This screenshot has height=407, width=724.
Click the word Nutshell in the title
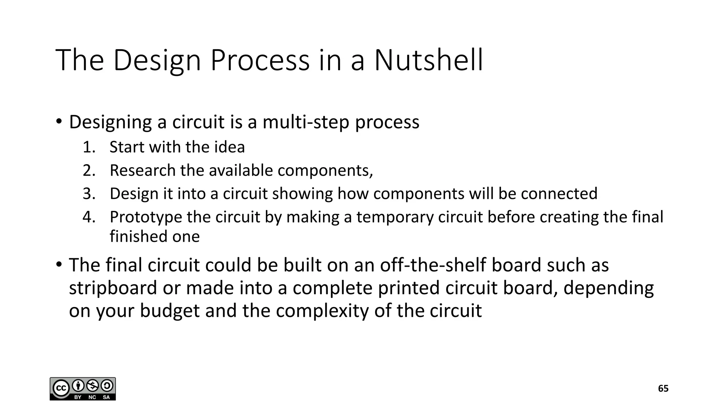coord(428,60)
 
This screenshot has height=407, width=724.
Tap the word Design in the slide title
coord(157,60)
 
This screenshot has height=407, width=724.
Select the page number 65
coord(663,389)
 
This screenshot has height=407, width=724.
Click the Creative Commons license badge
coord(83,389)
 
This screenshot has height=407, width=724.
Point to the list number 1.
coord(89,147)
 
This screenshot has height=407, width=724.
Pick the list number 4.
coord(89,217)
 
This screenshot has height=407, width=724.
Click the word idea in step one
coord(229,147)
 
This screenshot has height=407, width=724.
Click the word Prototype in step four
coord(146,217)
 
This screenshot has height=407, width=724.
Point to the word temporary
coord(395,217)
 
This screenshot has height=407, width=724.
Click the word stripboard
coord(113,288)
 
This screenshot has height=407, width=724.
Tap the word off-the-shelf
coord(433,265)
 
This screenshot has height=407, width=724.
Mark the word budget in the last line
coord(170,311)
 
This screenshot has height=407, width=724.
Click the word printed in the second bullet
coord(409,288)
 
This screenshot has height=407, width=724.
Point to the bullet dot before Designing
coord(59,122)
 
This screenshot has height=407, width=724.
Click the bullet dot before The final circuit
coord(59,264)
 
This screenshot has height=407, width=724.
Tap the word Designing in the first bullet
coord(110,122)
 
